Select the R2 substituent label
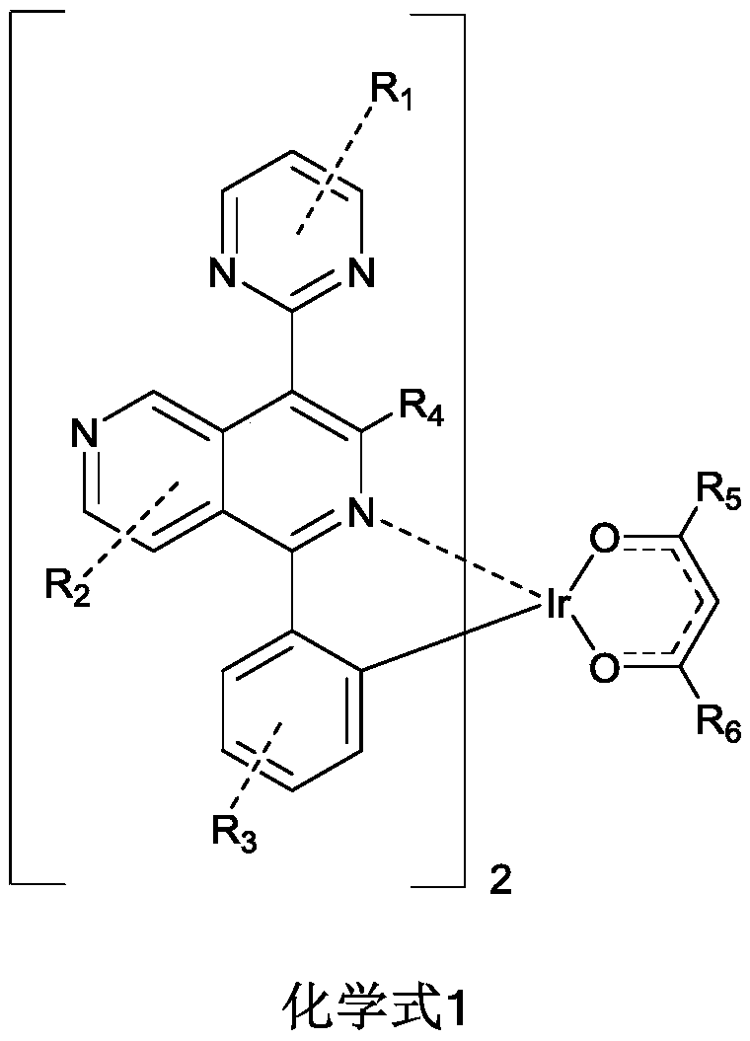point(66,589)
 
